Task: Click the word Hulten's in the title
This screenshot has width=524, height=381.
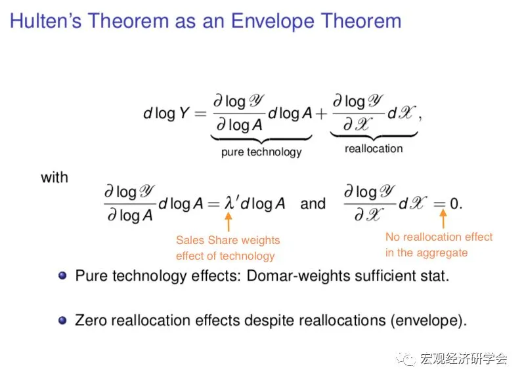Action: [x=46, y=21]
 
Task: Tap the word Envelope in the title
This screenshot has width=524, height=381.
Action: [x=273, y=22]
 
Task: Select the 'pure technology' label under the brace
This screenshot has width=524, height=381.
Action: [x=261, y=151]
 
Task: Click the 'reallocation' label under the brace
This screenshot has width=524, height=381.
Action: [x=374, y=148]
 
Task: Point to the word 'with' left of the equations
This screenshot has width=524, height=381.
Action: [x=55, y=178]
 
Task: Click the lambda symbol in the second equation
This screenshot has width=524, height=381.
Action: [x=229, y=203]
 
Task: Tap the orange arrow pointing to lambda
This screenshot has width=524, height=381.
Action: [x=229, y=222]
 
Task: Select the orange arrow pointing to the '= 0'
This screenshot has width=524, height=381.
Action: [x=443, y=218]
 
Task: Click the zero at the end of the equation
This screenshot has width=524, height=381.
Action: [x=454, y=203]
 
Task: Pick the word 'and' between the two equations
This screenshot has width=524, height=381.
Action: [x=313, y=203]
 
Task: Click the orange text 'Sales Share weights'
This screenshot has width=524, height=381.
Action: [x=228, y=240]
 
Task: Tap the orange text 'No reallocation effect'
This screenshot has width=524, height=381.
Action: [x=439, y=237]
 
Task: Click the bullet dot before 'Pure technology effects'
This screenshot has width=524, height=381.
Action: [x=62, y=275]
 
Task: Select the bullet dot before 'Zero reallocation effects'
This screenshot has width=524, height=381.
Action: [x=62, y=320]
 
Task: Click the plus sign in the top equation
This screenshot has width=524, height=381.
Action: [x=321, y=114]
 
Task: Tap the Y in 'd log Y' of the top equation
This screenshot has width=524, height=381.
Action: [x=185, y=113]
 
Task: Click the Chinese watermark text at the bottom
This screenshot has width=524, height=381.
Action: [x=464, y=359]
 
